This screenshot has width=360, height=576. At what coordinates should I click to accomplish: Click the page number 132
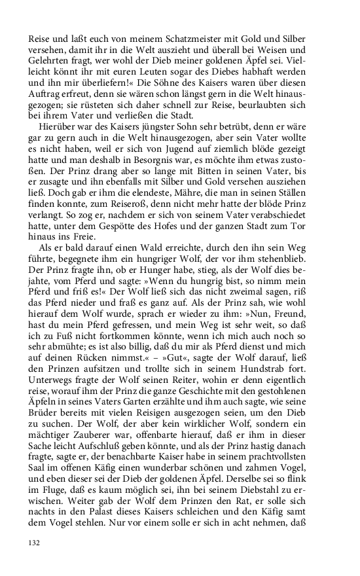(35, 543)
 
